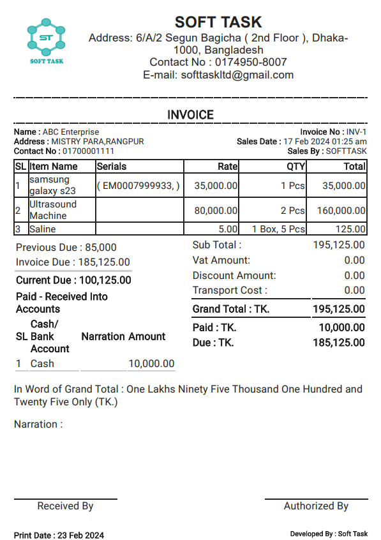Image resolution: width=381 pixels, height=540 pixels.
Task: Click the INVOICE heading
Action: pos(190,115)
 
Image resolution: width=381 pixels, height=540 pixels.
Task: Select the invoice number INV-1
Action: pos(356,132)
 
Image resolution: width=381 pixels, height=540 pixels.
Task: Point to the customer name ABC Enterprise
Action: pos(71,132)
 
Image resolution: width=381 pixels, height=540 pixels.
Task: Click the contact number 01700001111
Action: pos(88,151)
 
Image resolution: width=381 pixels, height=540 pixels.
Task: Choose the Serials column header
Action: pos(112,167)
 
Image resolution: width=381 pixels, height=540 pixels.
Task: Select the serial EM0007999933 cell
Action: pos(138,186)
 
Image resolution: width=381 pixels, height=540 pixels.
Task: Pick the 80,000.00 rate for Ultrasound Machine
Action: pos(216,210)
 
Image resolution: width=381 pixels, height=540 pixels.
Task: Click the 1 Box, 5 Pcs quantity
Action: pos(278,229)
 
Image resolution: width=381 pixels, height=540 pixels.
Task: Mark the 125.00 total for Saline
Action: pos(351,229)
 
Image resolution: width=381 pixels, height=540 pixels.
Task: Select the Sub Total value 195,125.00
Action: pos(339,245)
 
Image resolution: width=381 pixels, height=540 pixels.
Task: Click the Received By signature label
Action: pos(65,506)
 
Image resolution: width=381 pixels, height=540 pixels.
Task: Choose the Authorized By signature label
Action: pos(316,506)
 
